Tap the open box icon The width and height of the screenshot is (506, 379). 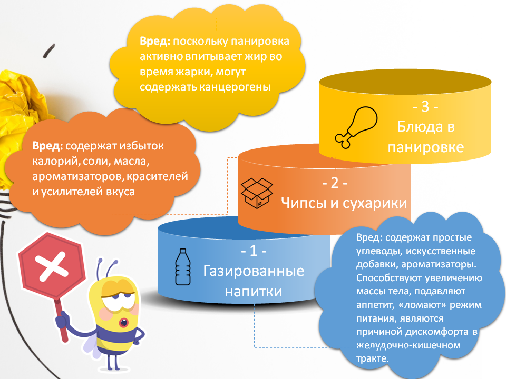pyautogui.click(x=257, y=193)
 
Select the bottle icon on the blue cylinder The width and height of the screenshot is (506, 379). pyautogui.click(x=183, y=267)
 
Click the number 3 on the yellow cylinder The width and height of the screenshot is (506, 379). pyautogui.click(x=425, y=106)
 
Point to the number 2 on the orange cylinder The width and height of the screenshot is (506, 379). pyautogui.click(x=335, y=183)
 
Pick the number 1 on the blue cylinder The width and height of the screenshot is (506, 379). pyautogui.click(x=254, y=251)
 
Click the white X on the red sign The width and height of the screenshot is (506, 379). pyautogui.click(x=52, y=266)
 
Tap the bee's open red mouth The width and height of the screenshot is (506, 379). pyautogui.click(x=124, y=322)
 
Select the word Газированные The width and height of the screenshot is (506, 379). pyautogui.click(x=254, y=271)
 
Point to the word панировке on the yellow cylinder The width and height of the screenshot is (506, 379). pyautogui.click(x=426, y=147)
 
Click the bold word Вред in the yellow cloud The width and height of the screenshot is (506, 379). pyautogui.click(x=155, y=41)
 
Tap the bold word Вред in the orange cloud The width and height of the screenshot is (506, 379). pyautogui.click(x=47, y=146)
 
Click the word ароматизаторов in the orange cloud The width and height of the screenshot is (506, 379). pyautogui.click(x=77, y=177)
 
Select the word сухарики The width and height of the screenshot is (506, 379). pyautogui.click(x=375, y=203)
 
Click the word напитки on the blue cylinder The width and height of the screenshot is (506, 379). pyautogui.click(x=254, y=292)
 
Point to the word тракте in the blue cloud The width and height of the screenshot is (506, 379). pyautogui.click(x=371, y=358)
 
